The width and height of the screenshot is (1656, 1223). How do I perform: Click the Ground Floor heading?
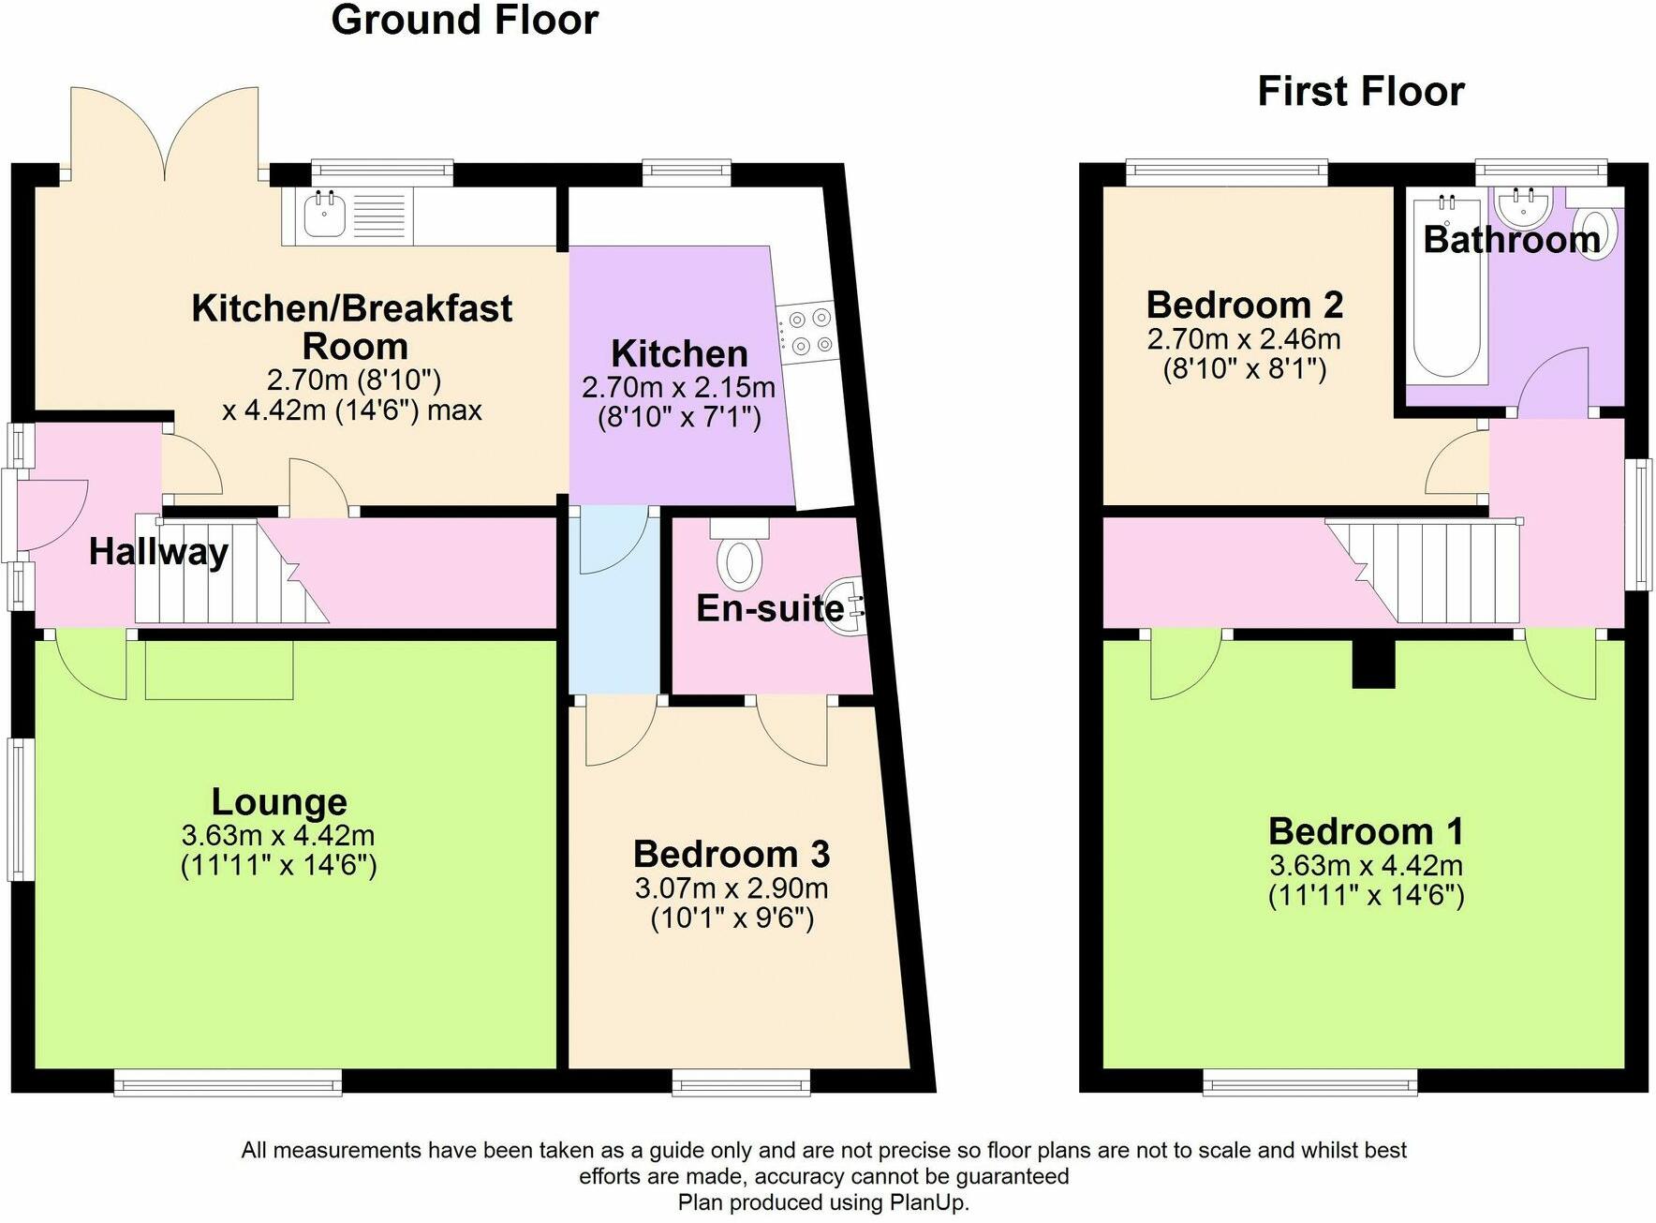tap(465, 21)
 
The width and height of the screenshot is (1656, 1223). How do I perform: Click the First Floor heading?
tap(1360, 92)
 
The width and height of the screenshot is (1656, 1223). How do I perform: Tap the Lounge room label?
tap(279, 802)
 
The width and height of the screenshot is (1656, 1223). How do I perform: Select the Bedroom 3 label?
tap(732, 855)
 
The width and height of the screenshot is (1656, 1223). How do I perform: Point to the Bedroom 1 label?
tap(1366, 831)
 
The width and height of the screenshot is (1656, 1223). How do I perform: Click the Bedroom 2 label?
tap(1244, 306)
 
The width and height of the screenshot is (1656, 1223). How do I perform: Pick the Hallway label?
tap(158, 551)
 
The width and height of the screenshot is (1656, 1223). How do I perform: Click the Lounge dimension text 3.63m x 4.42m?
tap(278, 835)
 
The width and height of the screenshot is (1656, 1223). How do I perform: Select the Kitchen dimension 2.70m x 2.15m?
tap(678, 386)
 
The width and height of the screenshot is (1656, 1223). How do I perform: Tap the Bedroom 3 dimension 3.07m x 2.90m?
tap(732, 887)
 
